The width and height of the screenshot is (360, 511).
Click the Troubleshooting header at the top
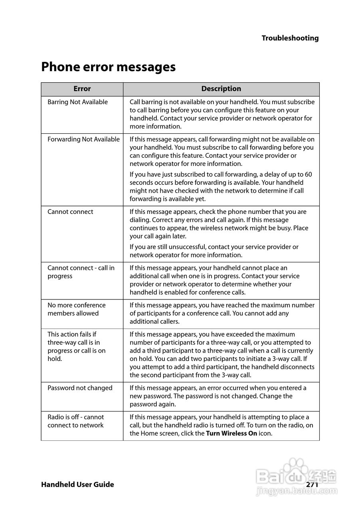[x=290, y=38]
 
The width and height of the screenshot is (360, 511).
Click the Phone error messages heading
[x=108, y=67]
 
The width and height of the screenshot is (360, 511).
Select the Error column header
[x=82, y=89]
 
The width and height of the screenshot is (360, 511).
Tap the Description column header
[x=221, y=89]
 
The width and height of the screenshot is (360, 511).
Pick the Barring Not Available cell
[x=77, y=102]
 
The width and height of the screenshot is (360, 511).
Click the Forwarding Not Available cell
[x=83, y=139]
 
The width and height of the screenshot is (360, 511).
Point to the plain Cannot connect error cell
[x=70, y=212]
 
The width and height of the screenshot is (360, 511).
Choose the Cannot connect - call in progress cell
[x=81, y=272]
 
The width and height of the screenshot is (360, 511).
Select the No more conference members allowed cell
[x=76, y=309]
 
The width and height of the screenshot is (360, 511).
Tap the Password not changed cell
[x=80, y=388]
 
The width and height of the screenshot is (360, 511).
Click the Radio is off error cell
[x=75, y=421]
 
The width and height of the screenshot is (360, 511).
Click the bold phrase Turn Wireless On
[x=231, y=434]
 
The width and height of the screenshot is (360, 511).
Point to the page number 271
[x=312, y=485]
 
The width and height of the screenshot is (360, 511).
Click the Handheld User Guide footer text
[x=77, y=485]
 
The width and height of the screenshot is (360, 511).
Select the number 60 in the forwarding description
[x=308, y=174]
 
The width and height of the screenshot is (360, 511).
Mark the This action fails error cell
[x=76, y=347]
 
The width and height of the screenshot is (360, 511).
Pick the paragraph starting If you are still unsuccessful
[x=214, y=251]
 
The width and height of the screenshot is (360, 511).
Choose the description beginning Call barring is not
[x=222, y=114]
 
